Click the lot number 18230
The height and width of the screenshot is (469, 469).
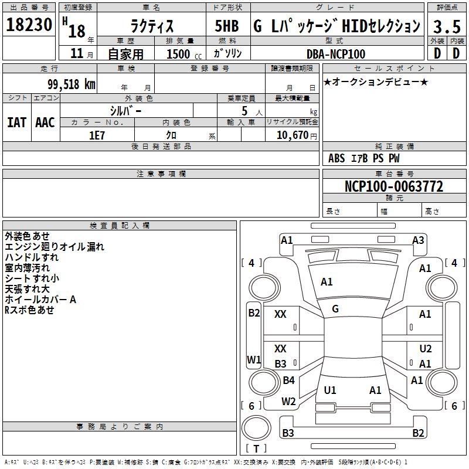pos(29,25)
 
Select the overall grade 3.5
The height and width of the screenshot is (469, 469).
pos(447,26)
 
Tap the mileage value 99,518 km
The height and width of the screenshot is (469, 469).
pos(72,84)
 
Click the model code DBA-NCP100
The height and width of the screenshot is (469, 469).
pos(336,54)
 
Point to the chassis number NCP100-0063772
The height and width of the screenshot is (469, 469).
pos(394,186)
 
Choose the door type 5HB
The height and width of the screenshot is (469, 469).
pos(227,26)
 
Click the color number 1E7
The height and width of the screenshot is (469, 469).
pos(97,135)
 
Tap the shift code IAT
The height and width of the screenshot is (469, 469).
pos(17,123)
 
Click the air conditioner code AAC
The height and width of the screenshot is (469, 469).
pos(45,123)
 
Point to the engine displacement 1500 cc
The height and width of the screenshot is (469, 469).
pos(184,54)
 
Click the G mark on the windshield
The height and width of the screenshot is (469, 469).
pos(335,309)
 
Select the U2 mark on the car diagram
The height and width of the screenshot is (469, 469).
pos(426,348)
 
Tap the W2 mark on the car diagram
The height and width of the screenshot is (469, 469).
pos(288,402)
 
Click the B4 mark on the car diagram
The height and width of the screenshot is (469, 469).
pos(288,380)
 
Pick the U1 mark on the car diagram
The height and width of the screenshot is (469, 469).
pos(330,390)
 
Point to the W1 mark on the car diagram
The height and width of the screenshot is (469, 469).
pos(254,359)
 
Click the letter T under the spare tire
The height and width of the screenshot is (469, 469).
pos(256,448)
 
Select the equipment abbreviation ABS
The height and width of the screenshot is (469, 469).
pos(337,158)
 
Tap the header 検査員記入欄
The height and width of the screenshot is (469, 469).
pos(120,226)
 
